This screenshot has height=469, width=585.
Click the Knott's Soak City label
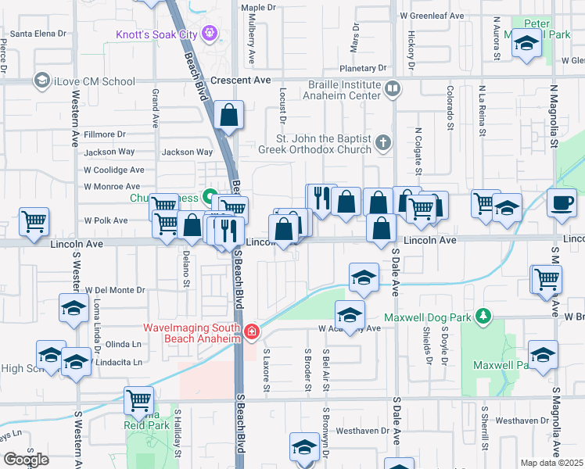click(x=160, y=34)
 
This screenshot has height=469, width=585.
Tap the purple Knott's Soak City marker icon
click(x=209, y=33)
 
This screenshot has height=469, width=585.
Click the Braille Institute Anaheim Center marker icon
click(x=393, y=91)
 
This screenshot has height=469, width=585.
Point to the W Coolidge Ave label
click(x=114, y=170)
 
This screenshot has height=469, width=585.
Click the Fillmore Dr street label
click(x=105, y=134)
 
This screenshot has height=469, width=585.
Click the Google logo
click(x=27, y=460)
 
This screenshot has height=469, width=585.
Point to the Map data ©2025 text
click(x=551, y=463)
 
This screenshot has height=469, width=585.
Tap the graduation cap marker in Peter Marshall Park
click(x=526, y=45)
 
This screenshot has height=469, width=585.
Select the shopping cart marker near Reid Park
click(x=139, y=401)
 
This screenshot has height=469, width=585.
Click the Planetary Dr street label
click(x=359, y=68)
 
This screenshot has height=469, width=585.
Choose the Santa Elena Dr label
click(x=38, y=34)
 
